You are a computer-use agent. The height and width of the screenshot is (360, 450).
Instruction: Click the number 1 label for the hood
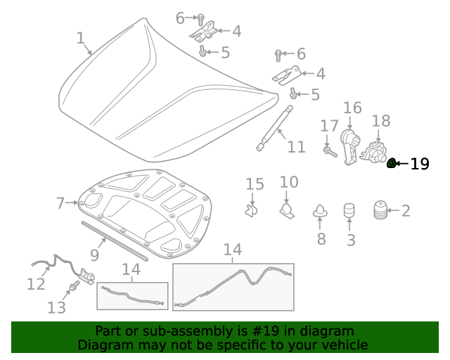80,38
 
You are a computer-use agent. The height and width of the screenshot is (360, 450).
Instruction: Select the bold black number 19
420,164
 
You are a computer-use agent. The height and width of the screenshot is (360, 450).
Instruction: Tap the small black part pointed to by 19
392,164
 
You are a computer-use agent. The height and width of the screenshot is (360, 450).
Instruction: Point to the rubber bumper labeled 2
379,210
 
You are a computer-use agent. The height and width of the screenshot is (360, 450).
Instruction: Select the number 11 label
296,147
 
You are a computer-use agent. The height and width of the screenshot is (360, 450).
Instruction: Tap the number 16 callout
352,108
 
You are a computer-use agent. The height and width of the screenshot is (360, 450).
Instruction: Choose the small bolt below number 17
328,150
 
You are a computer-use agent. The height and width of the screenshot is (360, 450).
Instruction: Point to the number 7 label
60,204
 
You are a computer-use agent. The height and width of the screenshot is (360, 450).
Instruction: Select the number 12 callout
36,285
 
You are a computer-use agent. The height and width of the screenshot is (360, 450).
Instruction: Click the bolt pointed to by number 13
73,287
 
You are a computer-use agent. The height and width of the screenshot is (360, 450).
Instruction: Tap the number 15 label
255,184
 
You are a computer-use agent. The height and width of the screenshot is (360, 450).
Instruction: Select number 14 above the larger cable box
233,250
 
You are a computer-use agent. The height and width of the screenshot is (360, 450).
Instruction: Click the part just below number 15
252,210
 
